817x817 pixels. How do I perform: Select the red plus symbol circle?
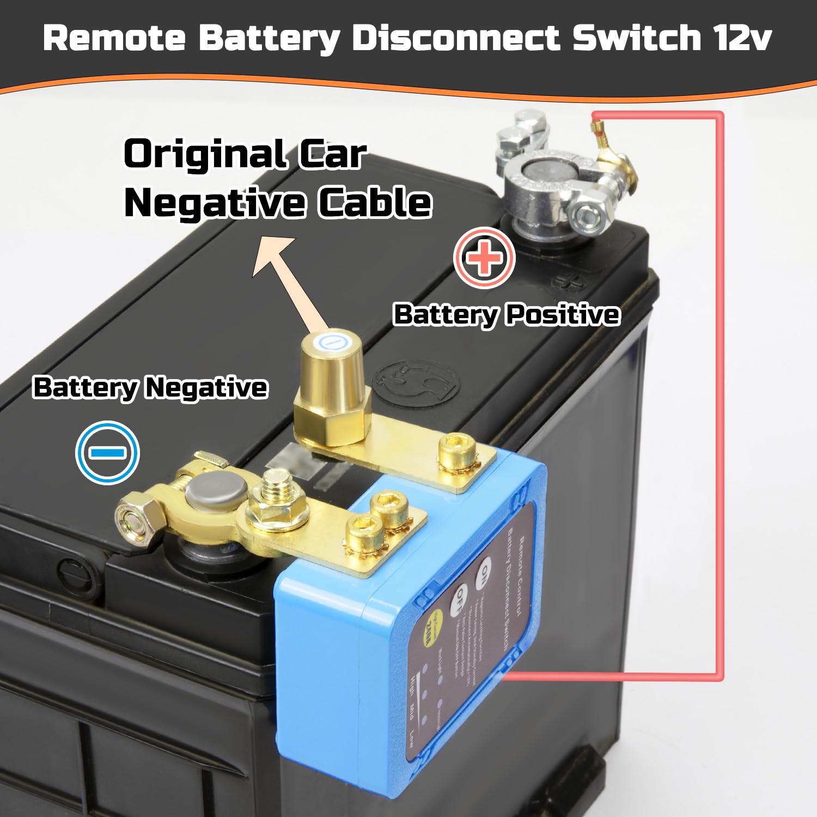484,258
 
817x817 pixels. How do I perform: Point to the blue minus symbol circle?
108,452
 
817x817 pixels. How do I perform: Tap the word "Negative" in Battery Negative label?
206,388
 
